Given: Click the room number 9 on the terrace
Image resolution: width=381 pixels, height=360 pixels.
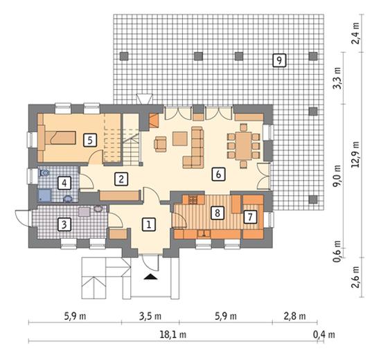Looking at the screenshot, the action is click(279, 60).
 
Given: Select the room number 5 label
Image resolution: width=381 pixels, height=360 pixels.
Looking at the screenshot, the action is click(90, 140).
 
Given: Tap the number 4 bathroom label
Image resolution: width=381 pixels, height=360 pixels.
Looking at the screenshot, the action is click(64, 183).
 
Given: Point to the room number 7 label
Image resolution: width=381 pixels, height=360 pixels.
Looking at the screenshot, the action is click(250, 217).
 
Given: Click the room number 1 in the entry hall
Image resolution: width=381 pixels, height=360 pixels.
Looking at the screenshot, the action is click(149, 224).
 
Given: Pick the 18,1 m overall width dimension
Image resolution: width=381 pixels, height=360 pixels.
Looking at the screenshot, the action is click(173, 335).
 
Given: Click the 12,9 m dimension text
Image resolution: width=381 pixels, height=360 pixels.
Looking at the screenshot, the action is click(355, 154).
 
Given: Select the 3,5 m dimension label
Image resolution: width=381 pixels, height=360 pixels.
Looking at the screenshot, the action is click(150, 316).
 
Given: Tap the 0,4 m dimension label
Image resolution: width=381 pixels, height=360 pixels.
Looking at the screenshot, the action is click(324, 335).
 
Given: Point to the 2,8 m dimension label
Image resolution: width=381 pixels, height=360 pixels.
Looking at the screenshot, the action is click(294, 316).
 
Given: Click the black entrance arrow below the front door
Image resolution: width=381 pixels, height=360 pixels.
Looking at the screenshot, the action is click(150, 277).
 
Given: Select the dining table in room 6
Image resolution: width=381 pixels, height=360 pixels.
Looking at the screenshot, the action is click(243, 146).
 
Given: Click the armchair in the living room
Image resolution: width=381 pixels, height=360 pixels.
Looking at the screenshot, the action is click(161, 144).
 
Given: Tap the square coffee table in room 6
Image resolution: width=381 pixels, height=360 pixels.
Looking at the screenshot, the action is click(180, 138).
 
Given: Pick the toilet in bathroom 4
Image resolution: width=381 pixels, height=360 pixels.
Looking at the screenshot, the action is click(44, 173).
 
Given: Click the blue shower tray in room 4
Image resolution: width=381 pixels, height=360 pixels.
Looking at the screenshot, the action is click(45, 195).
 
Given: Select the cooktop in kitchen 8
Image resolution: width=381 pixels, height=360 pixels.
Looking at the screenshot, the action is click(193, 199).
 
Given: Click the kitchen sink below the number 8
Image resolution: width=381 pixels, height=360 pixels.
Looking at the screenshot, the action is click(204, 234).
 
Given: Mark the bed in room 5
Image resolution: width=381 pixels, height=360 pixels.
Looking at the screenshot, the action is click(60, 138).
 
